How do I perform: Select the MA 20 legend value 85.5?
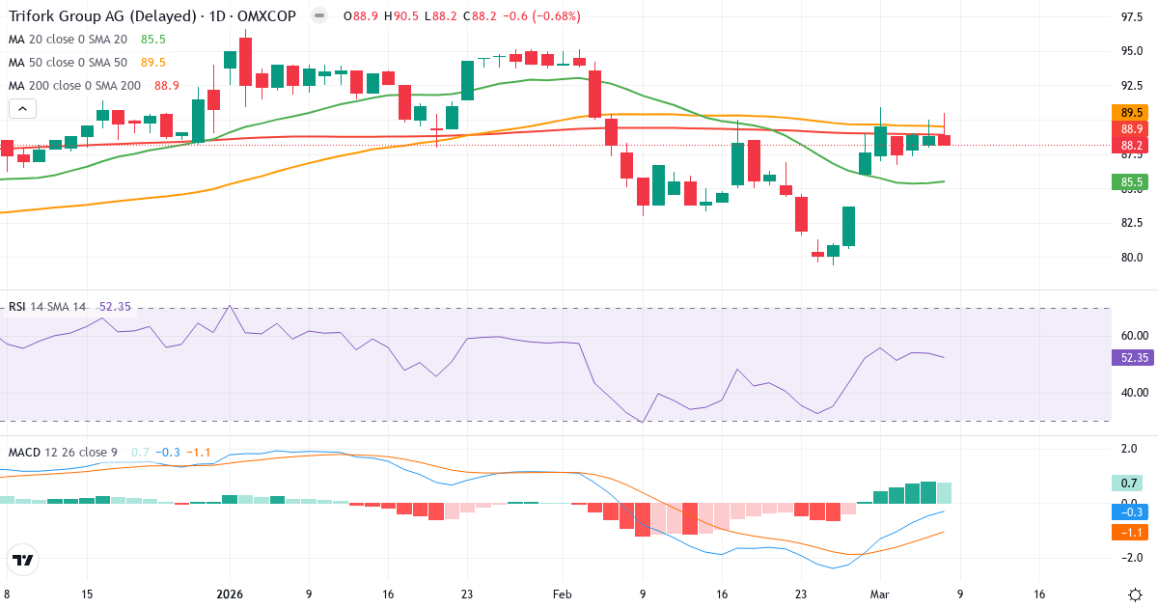(152, 40)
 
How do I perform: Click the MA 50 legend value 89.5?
(152, 63)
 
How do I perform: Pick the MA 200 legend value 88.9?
(166, 86)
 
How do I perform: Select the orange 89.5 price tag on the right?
(1132, 113)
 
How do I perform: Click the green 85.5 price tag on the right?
(1132, 181)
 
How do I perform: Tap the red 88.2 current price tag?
(1132, 146)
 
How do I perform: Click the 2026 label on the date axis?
(229, 594)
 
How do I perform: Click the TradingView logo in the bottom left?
(23, 560)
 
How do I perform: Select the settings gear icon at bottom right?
(1136, 594)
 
